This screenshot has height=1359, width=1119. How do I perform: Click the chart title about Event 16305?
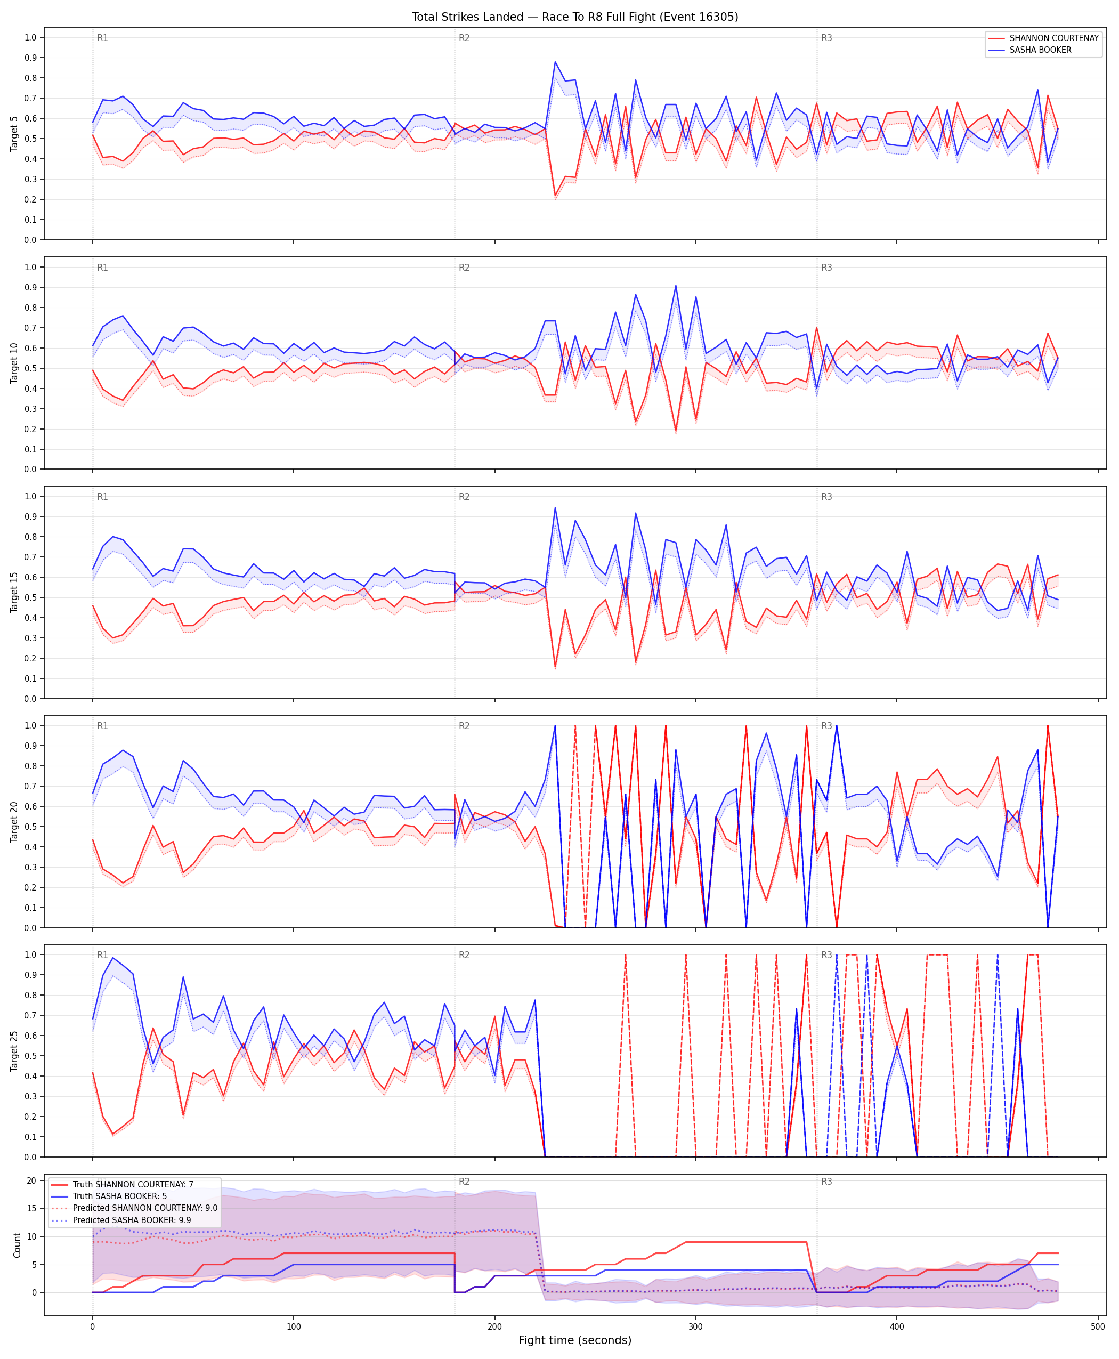tap(575, 17)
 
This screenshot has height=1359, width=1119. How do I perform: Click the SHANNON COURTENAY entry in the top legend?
tap(1054, 38)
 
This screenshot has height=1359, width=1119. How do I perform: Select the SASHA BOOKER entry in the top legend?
tap(1040, 50)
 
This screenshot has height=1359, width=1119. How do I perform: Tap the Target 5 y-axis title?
tap(14, 133)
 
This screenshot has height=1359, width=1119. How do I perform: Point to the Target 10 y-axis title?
tap(14, 363)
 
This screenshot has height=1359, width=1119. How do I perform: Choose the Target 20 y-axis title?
tap(14, 821)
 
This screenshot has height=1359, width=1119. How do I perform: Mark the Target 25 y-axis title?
tap(14, 1051)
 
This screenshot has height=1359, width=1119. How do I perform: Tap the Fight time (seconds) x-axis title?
tap(575, 1340)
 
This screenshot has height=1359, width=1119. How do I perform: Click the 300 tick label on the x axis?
tap(695, 1327)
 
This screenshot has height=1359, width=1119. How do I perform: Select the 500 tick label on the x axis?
tap(1098, 1327)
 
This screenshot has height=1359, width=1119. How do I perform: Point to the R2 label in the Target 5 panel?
tap(464, 38)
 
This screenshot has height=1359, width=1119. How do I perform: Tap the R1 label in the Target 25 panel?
tap(102, 955)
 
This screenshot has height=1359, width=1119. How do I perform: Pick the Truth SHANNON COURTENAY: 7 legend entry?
tap(133, 1184)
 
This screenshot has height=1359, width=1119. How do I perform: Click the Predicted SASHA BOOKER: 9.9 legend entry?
tap(132, 1220)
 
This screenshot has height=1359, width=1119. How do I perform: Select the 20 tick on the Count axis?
tap(31, 1180)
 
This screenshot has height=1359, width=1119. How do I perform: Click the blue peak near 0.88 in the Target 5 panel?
tap(555, 62)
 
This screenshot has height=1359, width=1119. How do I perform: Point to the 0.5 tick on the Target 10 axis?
tap(30, 368)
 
